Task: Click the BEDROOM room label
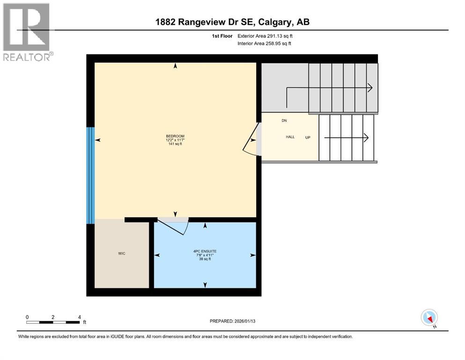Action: click(x=175, y=136)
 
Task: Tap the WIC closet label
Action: click(x=122, y=254)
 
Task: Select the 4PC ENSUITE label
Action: click(x=205, y=251)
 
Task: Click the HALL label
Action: click(x=290, y=137)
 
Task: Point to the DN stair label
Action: click(x=284, y=120)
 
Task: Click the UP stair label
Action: click(x=308, y=137)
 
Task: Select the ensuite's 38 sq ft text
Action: click(x=205, y=259)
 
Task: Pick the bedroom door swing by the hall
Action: click(x=250, y=140)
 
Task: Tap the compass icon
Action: click(x=429, y=318)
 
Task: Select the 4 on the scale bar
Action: click(x=80, y=317)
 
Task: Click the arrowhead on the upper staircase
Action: click(x=370, y=88)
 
